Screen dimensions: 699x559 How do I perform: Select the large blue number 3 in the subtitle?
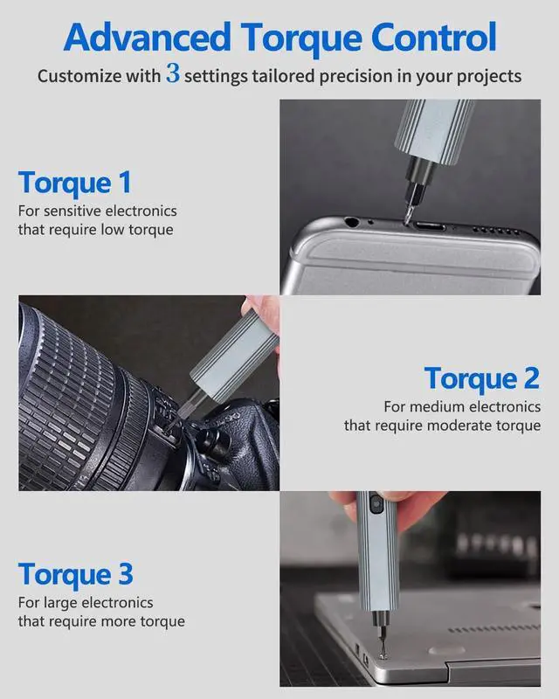point(173,74)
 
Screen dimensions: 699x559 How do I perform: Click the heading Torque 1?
point(74,183)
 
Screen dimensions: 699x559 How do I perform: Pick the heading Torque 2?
point(482,378)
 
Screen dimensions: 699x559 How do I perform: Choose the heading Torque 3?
point(75,574)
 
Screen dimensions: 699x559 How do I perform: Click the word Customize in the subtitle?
point(80,76)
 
